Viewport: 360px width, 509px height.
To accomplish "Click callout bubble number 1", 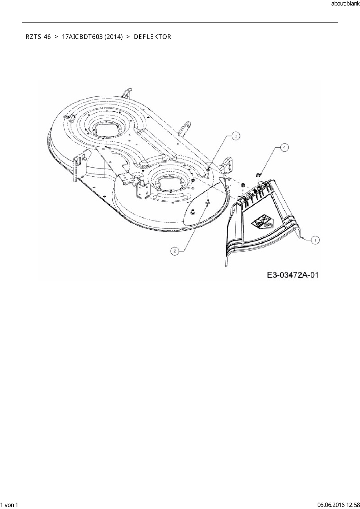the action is pos(315,240).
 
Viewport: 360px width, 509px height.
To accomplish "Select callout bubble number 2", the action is pos(174,251).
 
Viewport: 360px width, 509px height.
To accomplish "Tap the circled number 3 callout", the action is pos(236,136).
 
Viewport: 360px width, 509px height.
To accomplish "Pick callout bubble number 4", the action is pos(285,147).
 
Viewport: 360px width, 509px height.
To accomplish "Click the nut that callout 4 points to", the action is pos(258,174).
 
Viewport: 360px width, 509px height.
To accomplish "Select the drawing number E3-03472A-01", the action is pos(293,275).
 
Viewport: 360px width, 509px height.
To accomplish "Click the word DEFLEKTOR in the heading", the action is pos(153,37).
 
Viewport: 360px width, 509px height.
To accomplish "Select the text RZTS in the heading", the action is pos(33,37).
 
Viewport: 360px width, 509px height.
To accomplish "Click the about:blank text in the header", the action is pos(345,4).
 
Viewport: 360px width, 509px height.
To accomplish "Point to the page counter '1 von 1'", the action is pos(10,505).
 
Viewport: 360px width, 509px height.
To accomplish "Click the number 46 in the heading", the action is pos(47,37).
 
